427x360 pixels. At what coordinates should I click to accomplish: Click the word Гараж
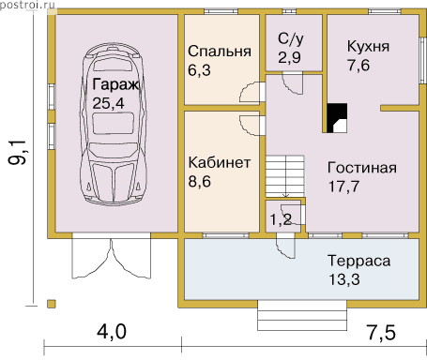coord(115,84)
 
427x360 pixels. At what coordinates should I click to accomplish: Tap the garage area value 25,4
coord(108,103)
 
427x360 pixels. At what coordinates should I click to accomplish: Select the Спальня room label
coord(220,52)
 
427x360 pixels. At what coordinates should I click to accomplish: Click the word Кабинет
coord(220,163)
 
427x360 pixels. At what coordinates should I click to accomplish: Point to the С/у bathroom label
coord(291,39)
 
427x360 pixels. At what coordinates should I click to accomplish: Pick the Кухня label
coord(368,47)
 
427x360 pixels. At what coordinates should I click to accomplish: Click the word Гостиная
coord(362,168)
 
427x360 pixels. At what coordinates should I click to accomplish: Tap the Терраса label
coord(359,261)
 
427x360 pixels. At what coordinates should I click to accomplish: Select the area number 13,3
coord(343,279)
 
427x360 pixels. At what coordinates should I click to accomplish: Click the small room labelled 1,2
coord(281,219)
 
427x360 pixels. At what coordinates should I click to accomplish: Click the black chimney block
coord(337,118)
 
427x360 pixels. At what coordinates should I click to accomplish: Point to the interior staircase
coord(284,176)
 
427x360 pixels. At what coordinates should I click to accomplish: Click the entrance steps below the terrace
coord(302,315)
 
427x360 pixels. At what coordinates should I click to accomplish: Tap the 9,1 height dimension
coord(18,152)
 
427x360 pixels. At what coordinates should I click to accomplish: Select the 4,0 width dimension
coord(112,331)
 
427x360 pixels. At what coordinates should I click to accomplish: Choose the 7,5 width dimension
coord(381,332)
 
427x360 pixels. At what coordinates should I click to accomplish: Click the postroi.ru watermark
coord(27,5)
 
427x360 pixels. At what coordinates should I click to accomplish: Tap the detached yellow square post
coord(52,304)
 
